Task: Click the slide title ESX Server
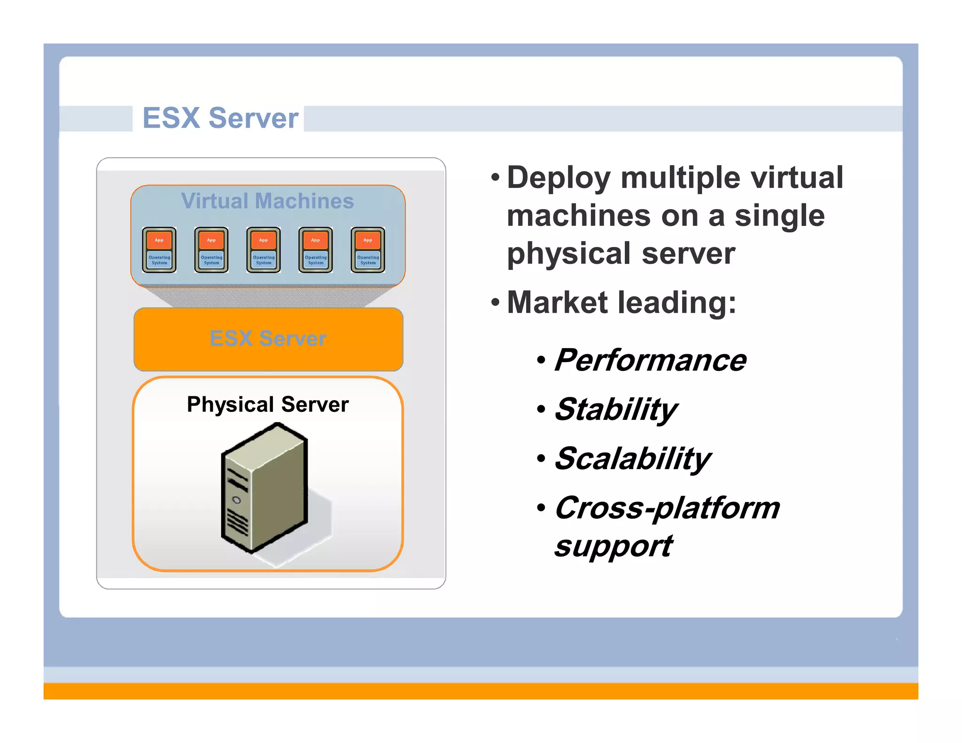220,118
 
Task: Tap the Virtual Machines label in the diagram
267,201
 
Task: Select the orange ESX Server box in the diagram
268,339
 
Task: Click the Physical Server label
268,404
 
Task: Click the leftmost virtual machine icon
159,250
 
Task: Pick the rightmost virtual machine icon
368,250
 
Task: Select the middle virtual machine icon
264,250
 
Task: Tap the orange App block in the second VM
211,240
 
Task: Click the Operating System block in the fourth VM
316,260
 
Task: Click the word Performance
650,360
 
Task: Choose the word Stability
615,410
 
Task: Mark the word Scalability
632,459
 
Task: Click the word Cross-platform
667,508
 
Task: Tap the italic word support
613,547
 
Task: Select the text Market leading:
621,302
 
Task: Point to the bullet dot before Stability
541,410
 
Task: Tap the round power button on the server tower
237,500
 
